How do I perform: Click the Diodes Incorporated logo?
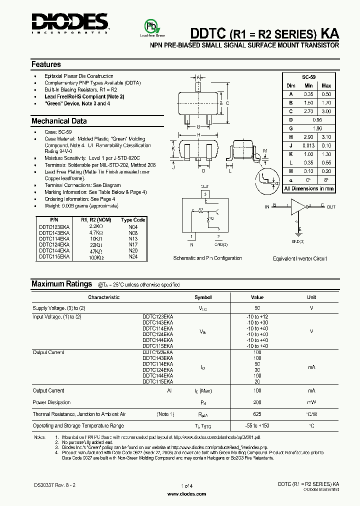tap(69, 22)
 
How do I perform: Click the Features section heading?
tap(46, 64)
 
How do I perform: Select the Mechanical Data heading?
tap(59, 121)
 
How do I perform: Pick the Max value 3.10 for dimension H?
tap(326, 136)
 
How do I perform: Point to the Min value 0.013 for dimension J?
tap(308, 145)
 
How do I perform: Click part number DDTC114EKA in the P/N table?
tap(54, 239)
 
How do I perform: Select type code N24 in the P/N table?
tap(133, 256)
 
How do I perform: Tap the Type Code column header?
tap(133, 220)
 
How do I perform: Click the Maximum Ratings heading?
tap(61, 283)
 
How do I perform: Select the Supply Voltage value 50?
tap(257, 308)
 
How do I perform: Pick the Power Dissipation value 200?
tap(257, 402)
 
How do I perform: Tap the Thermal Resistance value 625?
tap(257, 414)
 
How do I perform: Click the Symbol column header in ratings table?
tap(203, 297)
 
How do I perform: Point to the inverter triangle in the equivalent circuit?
tap(299, 205)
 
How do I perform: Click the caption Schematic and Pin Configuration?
tap(207, 258)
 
